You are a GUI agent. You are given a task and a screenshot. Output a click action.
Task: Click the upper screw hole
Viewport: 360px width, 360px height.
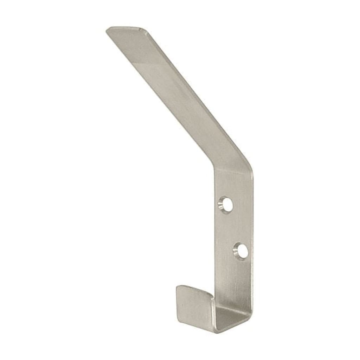click(226, 204)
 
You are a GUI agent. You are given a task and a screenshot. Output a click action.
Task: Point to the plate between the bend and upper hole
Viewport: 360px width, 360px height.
click(229, 186)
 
